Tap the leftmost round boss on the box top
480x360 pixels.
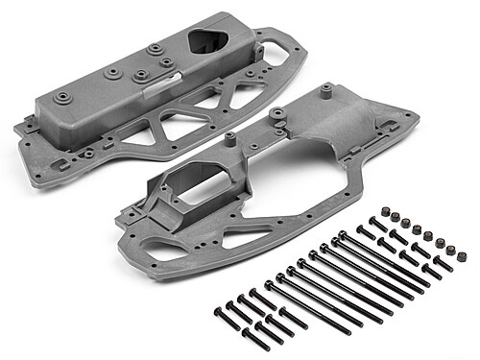[x=63, y=97]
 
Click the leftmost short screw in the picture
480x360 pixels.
[x=220, y=310]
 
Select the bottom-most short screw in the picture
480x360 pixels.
[x=252, y=337]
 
